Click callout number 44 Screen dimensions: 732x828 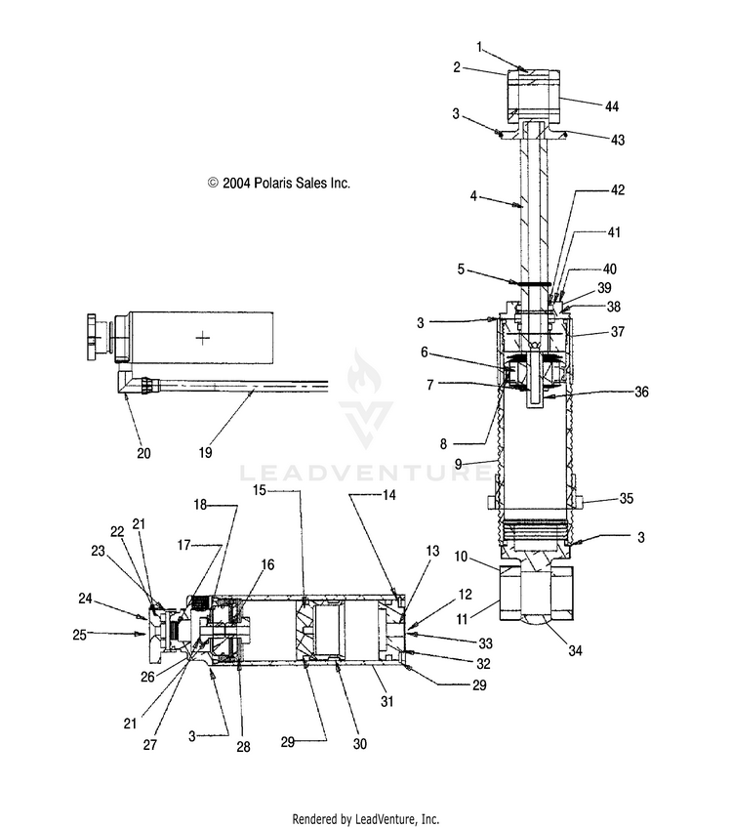click(611, 106)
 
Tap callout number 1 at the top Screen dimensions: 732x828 click(479, 48)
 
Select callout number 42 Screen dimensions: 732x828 click(618, 190)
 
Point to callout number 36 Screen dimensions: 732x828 click(641, 392)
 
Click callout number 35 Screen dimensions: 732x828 click(626, 499)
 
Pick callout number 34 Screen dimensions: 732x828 click(575, 651)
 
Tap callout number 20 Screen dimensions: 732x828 click(143, 453)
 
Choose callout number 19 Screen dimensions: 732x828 click(205, 452)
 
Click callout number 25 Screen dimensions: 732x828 click(79, 635)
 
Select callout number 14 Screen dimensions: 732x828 click(389, 495)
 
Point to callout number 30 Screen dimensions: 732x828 click(359, 744)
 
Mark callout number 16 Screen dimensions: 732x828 click(267, 565)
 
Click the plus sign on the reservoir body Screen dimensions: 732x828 click(203, 338)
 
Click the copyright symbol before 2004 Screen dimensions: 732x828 click(213, 184)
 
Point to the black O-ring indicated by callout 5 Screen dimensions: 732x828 click(531, 283)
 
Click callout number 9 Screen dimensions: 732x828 click(458, 464)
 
